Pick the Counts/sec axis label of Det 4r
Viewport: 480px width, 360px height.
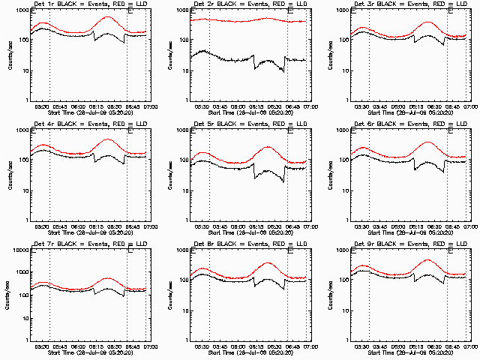10,174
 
